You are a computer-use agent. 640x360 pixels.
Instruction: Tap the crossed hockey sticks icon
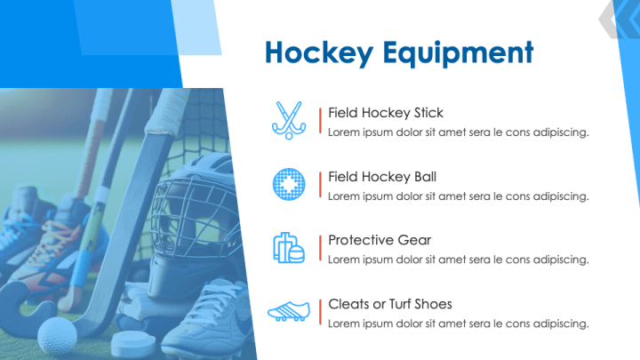tap(288, 120)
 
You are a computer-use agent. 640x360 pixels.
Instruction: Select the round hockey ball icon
tap(288, 184)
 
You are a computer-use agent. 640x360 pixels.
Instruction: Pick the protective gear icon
tap(288, 248)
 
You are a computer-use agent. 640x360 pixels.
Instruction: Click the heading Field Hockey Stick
tap(386, 113)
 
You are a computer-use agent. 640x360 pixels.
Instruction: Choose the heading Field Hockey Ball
tap(382, 177)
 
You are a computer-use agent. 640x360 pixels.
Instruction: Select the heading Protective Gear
tap(380, 240)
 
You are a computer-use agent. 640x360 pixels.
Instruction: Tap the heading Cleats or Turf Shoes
tap(390, 304)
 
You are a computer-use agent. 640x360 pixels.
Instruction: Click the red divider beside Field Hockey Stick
tap(320, 120)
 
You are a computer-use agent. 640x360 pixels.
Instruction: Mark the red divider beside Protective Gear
tap(320, 248)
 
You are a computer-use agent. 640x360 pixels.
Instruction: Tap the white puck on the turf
tap(132, 343)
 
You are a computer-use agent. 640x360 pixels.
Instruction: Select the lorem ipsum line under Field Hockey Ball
tap(459, 196)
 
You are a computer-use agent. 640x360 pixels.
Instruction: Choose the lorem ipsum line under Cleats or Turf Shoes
tap(459, 324)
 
